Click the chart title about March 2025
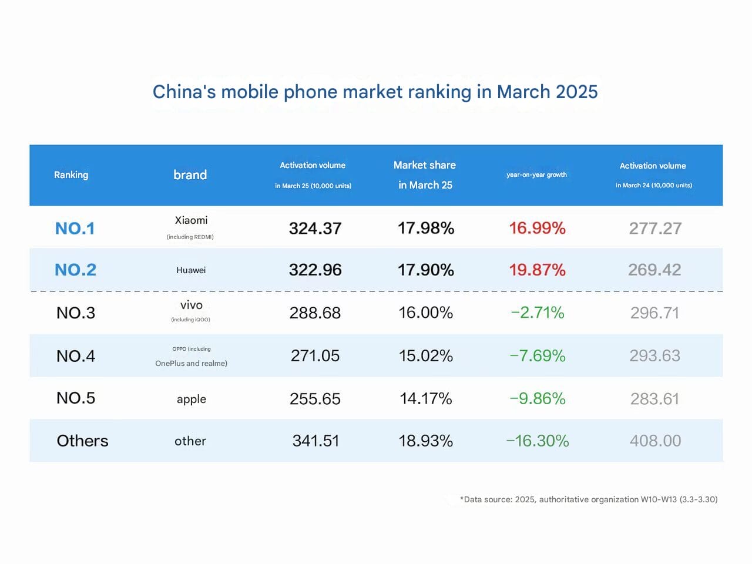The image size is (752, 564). tap(375, 92)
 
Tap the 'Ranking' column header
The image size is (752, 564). tap(71, 174)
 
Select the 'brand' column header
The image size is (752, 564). tap(190, 174)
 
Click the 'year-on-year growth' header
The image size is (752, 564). tap(536, 174)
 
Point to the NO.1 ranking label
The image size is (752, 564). tap(75, 228)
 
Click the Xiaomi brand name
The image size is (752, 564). tap(191, 220)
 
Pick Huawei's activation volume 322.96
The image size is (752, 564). tap(315, 270)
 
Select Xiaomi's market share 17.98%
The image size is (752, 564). tap(425, 228)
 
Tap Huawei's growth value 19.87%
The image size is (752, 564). tap(537, 270)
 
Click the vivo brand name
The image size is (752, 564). tap(192, 305)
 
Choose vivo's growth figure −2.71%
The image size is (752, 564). tap(537, 313)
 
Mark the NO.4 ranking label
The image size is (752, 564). tap(76, 355)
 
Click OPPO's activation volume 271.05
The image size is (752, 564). tap(315, 355)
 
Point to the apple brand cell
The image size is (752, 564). tap(192, 399)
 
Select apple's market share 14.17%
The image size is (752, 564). tap(425, 399)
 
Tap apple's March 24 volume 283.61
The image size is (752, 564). tap(654, 399)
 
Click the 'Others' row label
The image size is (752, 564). tap(82, 441)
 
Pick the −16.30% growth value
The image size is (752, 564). tap(537, 441)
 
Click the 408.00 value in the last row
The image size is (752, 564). tap(655, 441)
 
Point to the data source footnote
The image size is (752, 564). tap(588, 499)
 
